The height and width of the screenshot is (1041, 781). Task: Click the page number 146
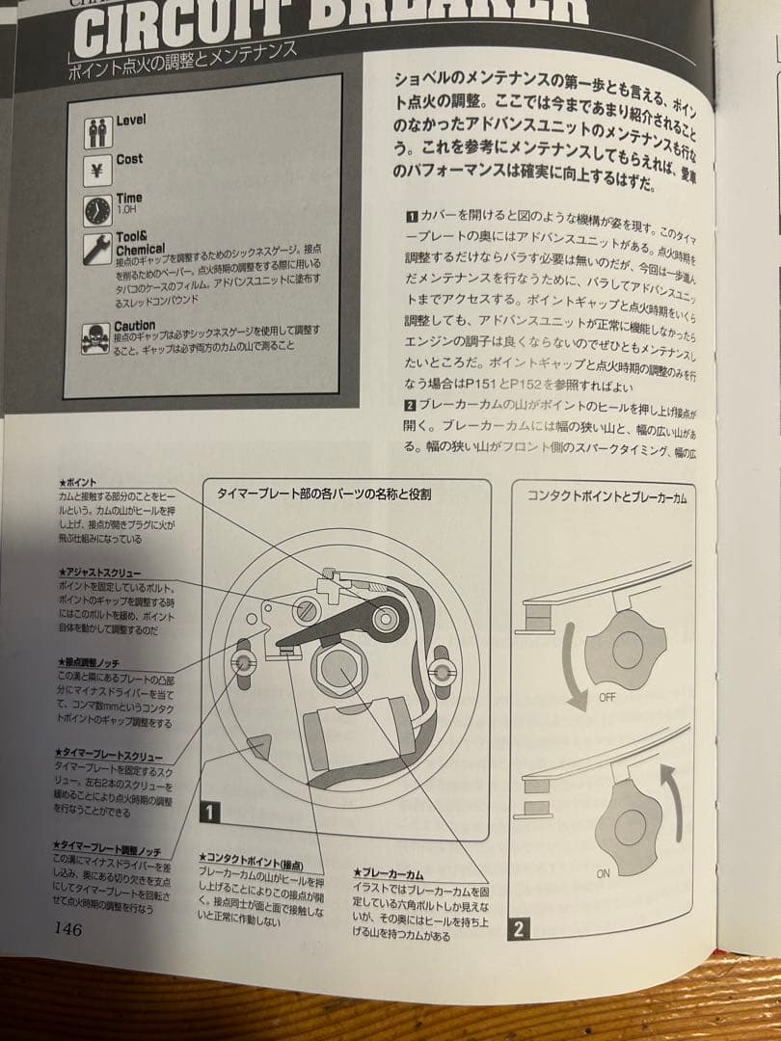pos(67,929)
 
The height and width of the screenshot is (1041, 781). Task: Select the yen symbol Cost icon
pos(97,172)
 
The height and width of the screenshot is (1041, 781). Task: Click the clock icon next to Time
pos(97,211)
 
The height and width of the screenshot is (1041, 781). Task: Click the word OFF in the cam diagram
pos(606,697)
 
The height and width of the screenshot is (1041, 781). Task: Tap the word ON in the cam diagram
pos(604,873)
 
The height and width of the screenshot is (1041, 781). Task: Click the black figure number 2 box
pos(518,930)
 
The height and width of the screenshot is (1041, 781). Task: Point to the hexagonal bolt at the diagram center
pos(337,669)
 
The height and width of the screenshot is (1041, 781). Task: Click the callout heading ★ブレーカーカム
pos(389,873)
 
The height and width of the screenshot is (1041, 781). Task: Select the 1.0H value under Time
pos(126,209)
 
